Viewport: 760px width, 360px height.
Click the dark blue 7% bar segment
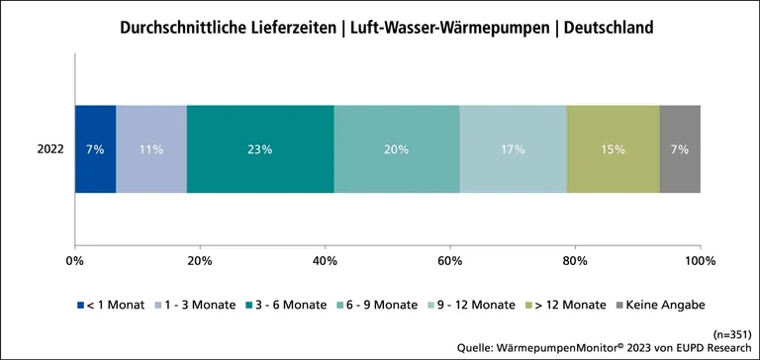pyautogui.click(x=95, y=149)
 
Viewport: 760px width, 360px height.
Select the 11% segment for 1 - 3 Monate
pyautogui.click(x=151, y=149)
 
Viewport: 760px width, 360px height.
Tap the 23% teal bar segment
pyautogui.click(x=260, y=149)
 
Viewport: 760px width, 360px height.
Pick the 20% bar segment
pyautogui.click(x=397, y=149)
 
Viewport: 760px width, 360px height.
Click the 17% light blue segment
pyautogui.click(x=513, y=149)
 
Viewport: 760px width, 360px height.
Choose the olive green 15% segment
pyautogui.click(x=613, y=149)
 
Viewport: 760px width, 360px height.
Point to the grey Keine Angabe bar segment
pyautogui.click(x=680, y=149)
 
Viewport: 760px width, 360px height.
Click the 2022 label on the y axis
pyautogui.click(x=49, y=149)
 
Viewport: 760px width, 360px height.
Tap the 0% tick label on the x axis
pyautogui.click(x=74, y=260)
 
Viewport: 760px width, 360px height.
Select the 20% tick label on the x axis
pyautogui.click(x=200, y=260)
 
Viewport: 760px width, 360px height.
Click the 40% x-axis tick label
pyautogui.click(x=325, y=260)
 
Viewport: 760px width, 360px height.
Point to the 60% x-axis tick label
pyautogui.click(x=450, y=260)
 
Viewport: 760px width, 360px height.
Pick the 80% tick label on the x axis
pyautogui.click(x=575, y=260)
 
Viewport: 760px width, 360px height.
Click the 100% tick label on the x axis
pyautogui.click(x=700, y=260)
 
